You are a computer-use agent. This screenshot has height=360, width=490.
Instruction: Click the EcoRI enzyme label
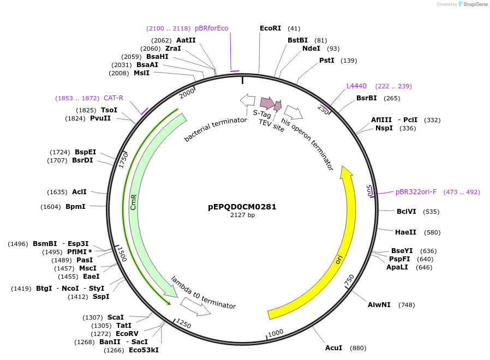pyautogui.click(x=270, y=28)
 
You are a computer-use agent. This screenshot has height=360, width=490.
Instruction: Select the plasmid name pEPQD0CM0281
pyautogui.click(x=242, y=207)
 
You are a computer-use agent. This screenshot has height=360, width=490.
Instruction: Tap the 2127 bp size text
pyautogui.click(x=242, y=215)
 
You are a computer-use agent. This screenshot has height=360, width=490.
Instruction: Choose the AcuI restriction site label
pyautogui.click(x=333, y=348)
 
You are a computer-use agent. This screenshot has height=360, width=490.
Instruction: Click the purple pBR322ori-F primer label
pyautogui.click(x=416, y=192)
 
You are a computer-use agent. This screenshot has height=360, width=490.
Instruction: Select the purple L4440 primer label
pyautogui.click(x=356, y=86)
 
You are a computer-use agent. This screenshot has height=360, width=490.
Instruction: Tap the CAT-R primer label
pyautogui.click(x=113, y=98)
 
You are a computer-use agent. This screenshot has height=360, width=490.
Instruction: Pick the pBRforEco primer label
pyautogui.click(x=211, y=28)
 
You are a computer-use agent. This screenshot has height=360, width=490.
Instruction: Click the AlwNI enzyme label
pyautogui.click(x=379, y=305)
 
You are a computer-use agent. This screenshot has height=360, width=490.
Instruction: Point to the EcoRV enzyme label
pyautogui.click(x=127, y=333)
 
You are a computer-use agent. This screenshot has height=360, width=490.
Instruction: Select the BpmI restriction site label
pyautogui.click(x=75, y=207)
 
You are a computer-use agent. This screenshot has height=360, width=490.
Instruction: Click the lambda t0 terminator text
pyautogui.click(x=203, y=292)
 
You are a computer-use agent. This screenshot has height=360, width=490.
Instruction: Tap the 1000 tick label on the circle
pyautogui.click(x=276, y=332)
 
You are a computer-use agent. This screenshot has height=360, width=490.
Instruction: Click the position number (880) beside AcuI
pyautogui.click(x=357, y=348)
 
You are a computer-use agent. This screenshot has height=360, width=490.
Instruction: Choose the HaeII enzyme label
pyautogui.click(x=405, y=232)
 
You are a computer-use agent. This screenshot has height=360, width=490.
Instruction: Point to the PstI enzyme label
pyautogui.click(x=327, y=61)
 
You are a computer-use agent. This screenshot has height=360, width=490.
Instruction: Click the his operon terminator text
pyautogui.click(x=307, y=143)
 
